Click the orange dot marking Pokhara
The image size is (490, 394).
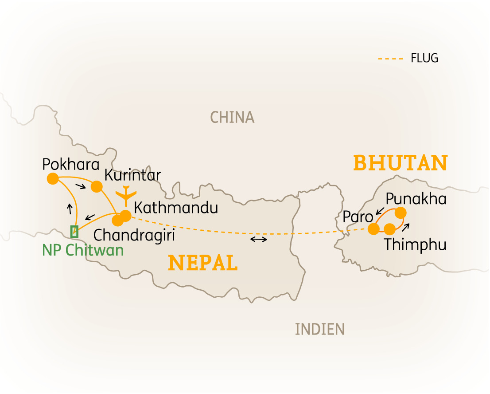point(52,178)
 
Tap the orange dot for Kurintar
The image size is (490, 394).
point(97,186)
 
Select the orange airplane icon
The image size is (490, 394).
point(127,195)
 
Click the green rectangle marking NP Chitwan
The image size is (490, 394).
point(74,231)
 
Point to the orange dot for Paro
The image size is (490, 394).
point(374,229)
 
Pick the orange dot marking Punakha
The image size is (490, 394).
point(400,213)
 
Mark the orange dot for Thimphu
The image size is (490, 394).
point(389,229)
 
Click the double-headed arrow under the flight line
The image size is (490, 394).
point(259,240)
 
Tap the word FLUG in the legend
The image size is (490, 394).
point(424,58)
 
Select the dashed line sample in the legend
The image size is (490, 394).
point(390,59)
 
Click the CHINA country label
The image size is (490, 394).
point(232,117)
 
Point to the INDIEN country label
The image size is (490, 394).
point(319,329)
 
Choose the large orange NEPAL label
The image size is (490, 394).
point(203,263)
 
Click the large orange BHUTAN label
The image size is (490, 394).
point(400,163)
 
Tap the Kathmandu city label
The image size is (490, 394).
point(176,208)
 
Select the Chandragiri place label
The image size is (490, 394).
point(134,235)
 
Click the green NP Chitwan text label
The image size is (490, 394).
point(83,250)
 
